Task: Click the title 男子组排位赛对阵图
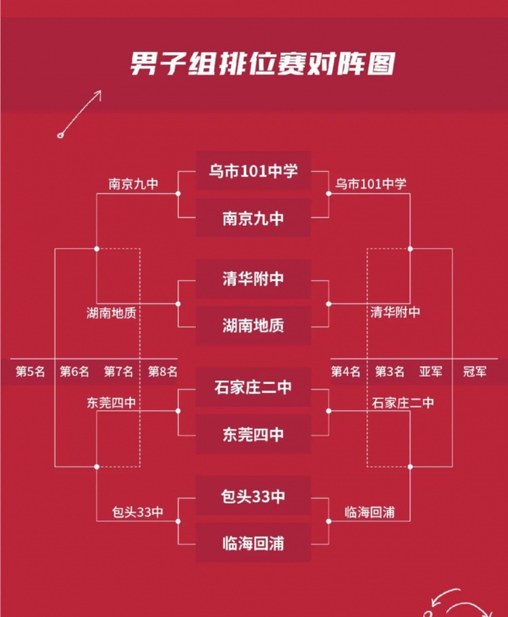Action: pos(263,63)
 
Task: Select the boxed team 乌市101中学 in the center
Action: pos(253,171)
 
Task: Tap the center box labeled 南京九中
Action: pos(253,218)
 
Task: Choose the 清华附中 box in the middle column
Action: pos(253,279)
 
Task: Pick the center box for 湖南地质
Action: pos(253,326)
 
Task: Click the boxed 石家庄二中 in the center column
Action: pos(253,388)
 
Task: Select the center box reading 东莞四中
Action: pos(253,434)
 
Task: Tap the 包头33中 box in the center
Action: pos(253,497)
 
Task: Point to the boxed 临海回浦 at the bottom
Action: pos(253,543)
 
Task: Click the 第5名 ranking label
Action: pos(30,372)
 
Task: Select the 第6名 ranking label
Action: pos(74,372)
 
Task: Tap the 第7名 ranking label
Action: pos(118,372)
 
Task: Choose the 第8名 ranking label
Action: pos(163,372)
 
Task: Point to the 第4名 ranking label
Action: pos(345,372)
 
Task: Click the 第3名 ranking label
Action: pos(390,372)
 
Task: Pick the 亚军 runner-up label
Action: pos(430,372)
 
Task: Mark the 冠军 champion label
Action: pos(475,372)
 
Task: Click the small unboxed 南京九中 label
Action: pos(134,184)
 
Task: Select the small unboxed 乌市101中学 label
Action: pos(371,184)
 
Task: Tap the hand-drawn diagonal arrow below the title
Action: pos(80,114)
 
